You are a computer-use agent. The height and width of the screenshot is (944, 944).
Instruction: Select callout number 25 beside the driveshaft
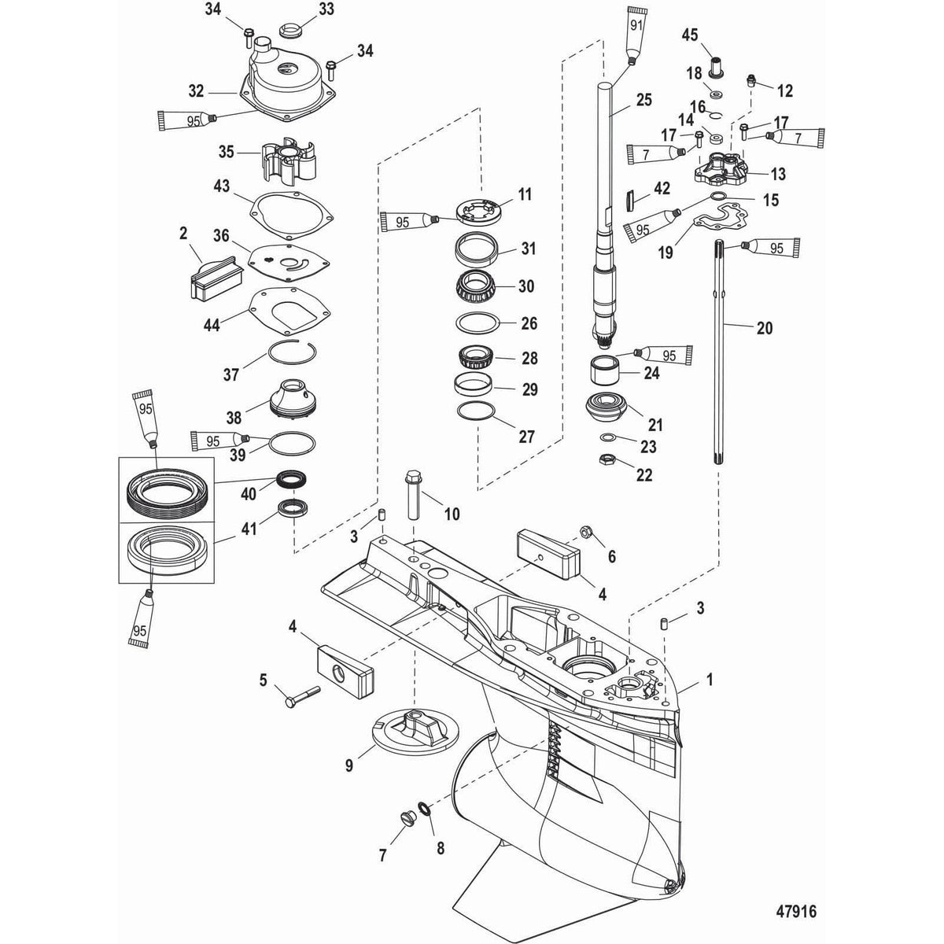[643, 101]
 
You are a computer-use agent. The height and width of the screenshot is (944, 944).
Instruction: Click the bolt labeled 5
[297, 695]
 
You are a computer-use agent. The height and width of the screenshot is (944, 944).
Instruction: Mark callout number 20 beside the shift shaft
[763, 327]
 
